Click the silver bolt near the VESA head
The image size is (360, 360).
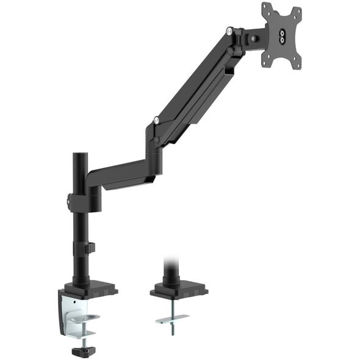click(x=229, y=31)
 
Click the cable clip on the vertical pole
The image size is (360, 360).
click(x=90, y=248)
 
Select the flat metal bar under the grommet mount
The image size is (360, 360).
click(x=171, y=319)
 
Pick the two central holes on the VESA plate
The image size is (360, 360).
click(x=283, y=37)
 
